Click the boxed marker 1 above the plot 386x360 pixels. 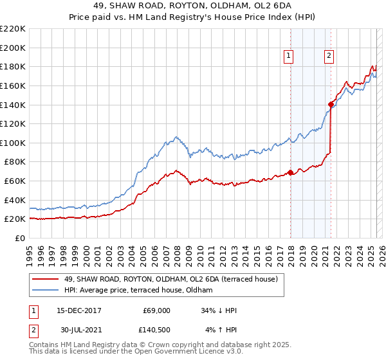[289, 57]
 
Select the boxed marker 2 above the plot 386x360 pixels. [329, 57]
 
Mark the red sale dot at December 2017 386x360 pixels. [290, 172]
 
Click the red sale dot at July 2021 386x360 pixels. [331, 104]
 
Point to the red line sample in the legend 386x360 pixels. [45, 279]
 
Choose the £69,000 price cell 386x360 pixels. [156, 310]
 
